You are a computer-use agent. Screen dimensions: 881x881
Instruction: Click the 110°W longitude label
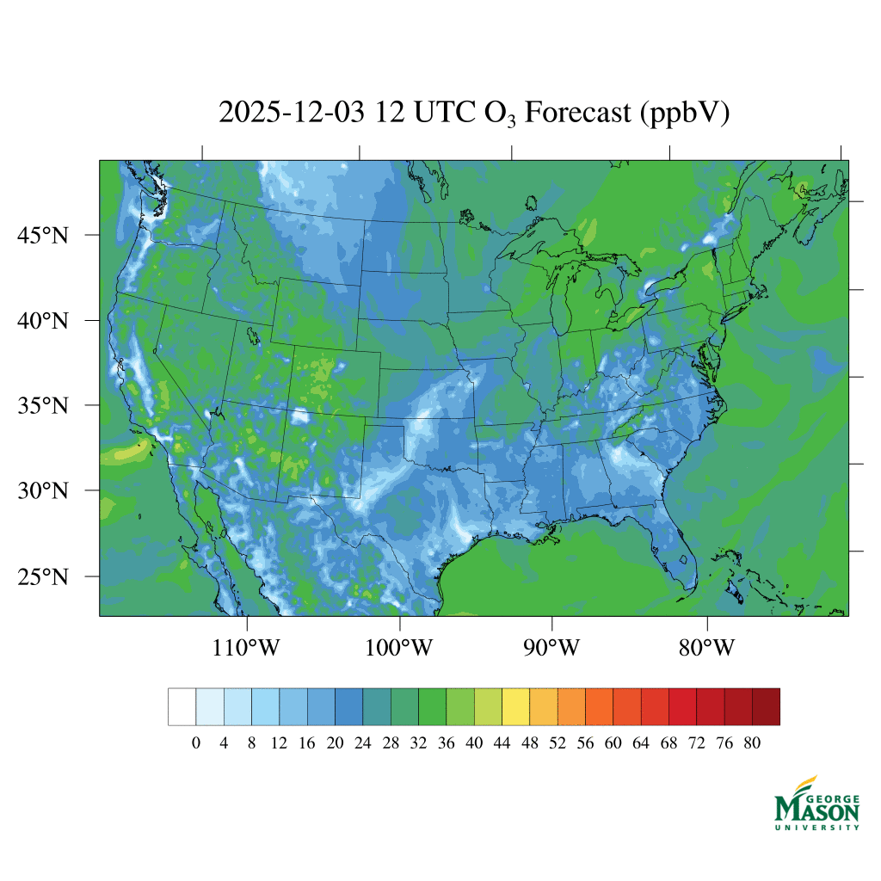pyautogui.click(x=246, y=647)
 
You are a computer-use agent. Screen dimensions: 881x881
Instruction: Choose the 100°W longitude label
pyautogui.click(x=399, y=647)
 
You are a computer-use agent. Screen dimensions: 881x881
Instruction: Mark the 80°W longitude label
pyautogui.click(x=706, y=647)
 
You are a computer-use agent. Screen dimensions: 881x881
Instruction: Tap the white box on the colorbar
pyautogui.click(x=182, y=706)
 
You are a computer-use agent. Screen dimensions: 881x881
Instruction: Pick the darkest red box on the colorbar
pyautogui.click(x=767, y=706)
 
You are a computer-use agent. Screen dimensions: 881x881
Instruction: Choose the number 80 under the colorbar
pyautogui.click(x=752, y=743)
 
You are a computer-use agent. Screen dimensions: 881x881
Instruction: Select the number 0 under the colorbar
pyautogui.click(x=196, y=743)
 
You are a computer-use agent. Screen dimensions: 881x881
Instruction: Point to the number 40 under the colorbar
pyautogui.click(x=474, y=743)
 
